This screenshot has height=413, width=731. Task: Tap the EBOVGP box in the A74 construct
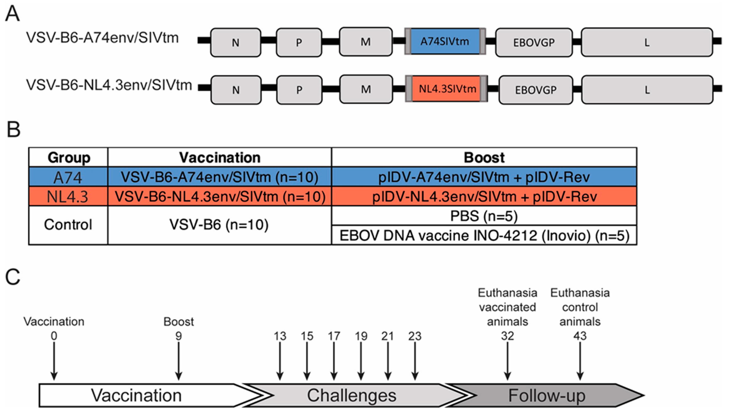[x=534, y=42]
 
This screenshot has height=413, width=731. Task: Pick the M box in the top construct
[x=366, y=42]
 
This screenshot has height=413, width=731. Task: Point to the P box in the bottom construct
[x=299, y=90]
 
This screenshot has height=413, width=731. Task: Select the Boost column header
[x=484, y=157]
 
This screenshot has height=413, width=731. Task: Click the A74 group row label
[x=68, y=177]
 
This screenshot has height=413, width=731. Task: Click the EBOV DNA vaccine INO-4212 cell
[x=484, y=236]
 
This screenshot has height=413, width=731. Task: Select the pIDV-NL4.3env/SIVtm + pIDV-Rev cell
[x=484, y=196]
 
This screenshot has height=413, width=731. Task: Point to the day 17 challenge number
[x=334, y=336]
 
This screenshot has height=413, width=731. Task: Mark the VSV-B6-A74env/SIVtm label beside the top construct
[x=102, y=38]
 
